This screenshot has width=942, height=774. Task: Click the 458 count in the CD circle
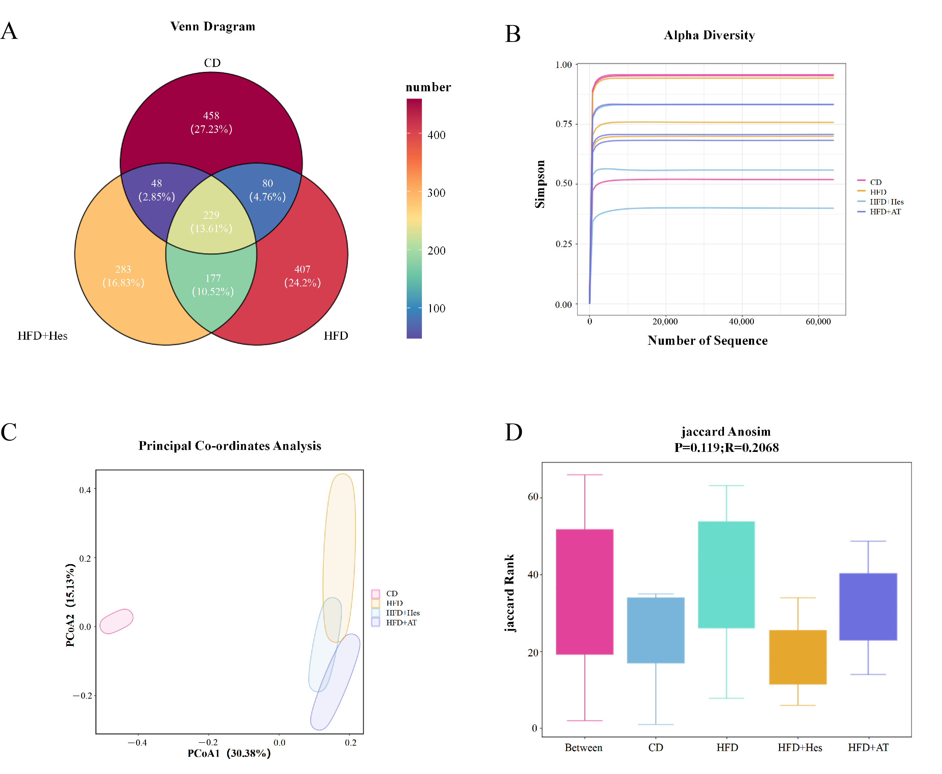coord(211,116)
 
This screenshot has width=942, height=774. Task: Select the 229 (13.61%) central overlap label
coord(211,222)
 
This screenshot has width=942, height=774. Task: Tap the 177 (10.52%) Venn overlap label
coord(213,285)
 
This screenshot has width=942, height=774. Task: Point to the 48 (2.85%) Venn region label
coord(156,190)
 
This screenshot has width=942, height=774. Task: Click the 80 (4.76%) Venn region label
coord(267,190)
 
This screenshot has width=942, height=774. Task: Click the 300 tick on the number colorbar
coord(436,193)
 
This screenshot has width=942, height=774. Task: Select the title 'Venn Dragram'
coord(213,27)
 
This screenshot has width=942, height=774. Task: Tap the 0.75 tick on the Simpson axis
coord(563,124)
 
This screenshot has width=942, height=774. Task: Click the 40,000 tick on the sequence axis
coord(741,321)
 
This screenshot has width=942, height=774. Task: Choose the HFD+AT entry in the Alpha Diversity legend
coord(885,212)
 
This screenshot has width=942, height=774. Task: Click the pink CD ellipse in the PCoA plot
coord(116,621)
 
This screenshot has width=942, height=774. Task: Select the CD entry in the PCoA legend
coord(391,594)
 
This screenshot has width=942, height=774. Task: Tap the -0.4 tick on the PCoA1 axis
coord(137,742)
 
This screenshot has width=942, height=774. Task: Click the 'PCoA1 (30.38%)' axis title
coord(229,753)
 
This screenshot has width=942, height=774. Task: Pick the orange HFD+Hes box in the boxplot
coord(798,657)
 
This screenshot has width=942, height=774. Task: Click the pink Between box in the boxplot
coord(584,591)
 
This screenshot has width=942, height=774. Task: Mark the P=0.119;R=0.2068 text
coord(726,448)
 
